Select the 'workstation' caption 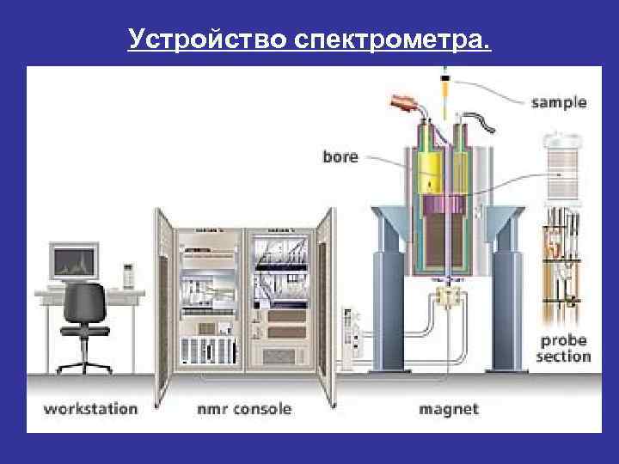click(x=90, y=408)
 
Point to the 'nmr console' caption click(x=243, y=408)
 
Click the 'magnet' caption click(x=448, y=408)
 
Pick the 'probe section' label click(x=564, y=348)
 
